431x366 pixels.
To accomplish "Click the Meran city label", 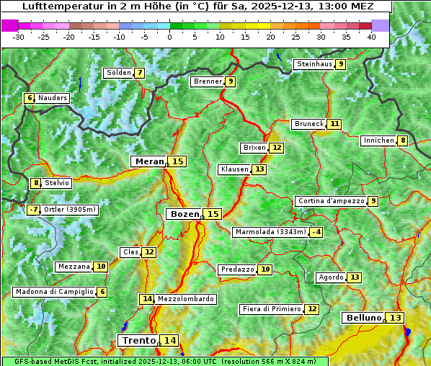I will pos(149,161).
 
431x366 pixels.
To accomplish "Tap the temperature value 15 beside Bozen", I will pos(213,214).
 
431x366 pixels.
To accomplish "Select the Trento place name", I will pos(138,340).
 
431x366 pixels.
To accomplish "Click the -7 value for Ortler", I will pos(33,210).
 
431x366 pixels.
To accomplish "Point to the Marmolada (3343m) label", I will pos(270,232).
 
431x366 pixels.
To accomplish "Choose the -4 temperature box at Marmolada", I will pos(316,232).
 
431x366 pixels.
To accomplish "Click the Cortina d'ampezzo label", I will pos(330,201).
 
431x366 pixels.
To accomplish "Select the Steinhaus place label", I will pos(314,64).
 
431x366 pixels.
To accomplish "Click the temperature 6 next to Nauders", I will pos(30,98).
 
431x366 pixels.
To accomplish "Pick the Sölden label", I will pos(118,73).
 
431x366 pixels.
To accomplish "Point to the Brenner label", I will pos(208,81).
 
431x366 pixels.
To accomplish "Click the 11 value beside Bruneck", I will pos(334,124).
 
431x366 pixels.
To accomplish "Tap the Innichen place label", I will pos(378,140).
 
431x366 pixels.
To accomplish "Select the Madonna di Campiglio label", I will pos(54,292).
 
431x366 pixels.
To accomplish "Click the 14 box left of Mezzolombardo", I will pos(147,298).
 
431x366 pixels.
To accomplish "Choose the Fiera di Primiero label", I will pos(272,309).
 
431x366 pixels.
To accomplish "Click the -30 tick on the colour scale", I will pos(18,36).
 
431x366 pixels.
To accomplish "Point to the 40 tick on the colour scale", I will pos(371,36).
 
